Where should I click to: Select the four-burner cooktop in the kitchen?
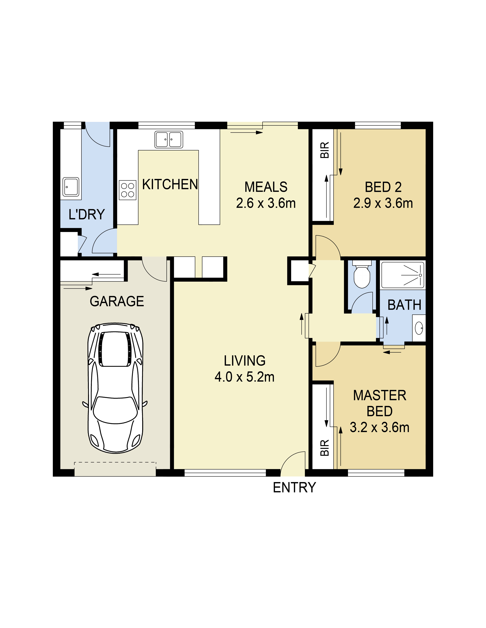click(128, 190)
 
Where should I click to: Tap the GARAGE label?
click(117, 301)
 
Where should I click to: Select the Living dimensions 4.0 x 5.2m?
click(244, 377)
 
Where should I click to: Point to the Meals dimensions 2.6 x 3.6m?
click(266, 203)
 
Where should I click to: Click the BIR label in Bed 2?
click(325, 150)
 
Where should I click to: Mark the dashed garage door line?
click(115, 462)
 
